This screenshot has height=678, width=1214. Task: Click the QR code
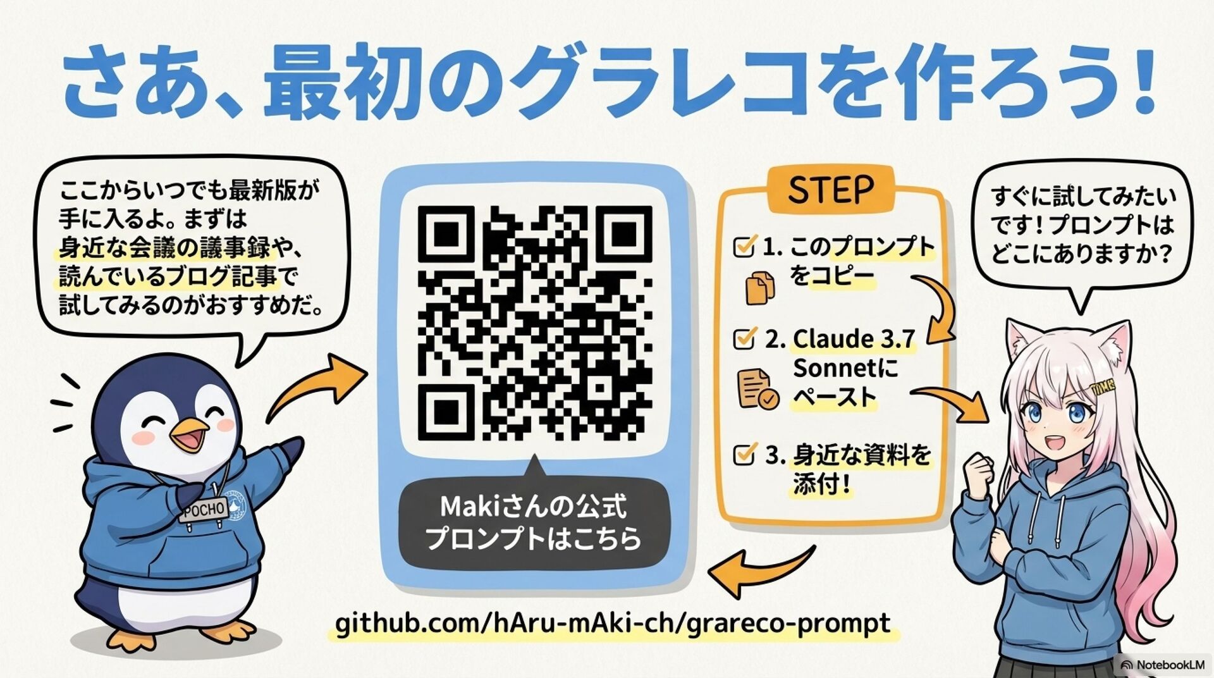pos(534,323)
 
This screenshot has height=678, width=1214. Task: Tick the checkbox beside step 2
pos(744,338)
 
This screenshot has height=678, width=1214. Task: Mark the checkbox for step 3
pos(744,453)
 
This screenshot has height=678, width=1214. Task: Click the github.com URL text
pos(612,624)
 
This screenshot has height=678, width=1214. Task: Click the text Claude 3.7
pos(854,339)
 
